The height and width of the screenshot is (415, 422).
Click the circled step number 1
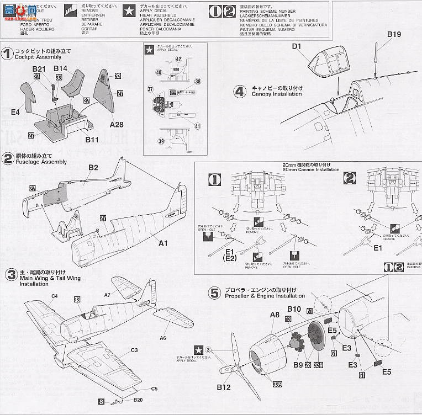click(7, 54)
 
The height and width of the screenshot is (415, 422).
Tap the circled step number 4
click(239, 91)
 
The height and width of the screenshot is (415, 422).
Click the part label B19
click(393, 34)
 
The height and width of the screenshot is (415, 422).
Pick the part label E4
click(15, 111)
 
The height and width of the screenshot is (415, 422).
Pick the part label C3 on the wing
click(134, 350)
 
